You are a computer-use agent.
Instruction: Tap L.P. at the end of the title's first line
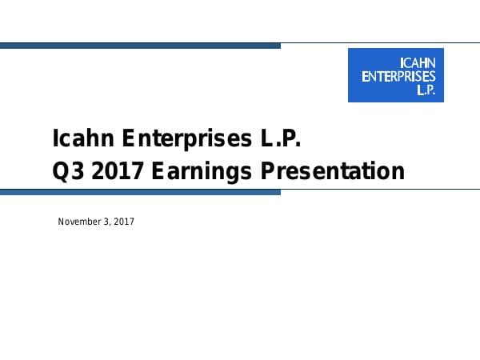tap(278, 139)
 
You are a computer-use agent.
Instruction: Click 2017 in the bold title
tap(110, 171)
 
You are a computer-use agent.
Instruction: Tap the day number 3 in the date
tap(107, 221)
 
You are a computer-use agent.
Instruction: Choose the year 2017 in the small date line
tap(124, 221)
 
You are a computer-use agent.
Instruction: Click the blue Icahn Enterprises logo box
tap(395, 75)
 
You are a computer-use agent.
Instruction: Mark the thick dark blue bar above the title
tap(140, 46)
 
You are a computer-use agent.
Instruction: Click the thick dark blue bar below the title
tap(140, 192)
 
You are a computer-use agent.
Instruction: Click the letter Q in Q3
tap(60, 171)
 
